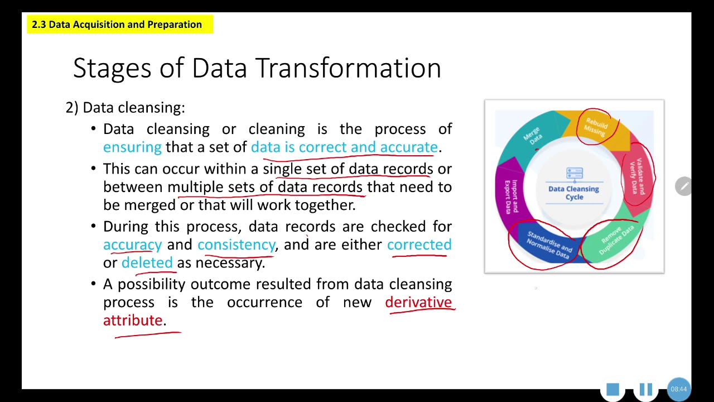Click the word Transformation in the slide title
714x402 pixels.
click(x=349, y=68)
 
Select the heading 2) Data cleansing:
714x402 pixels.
click(x=125, y=107)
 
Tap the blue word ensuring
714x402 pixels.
click(x=132, y=147)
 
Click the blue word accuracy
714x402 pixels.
click(x=132, y=245)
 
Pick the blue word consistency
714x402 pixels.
click(x=236, y=245)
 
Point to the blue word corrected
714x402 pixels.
click(x=419, y=245)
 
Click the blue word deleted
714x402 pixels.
click(x=147, y=263)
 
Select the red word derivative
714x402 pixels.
click(x=418, y=303)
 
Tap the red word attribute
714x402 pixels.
click(x=133, y=320)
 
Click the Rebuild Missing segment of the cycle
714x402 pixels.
click(x=595, y=127)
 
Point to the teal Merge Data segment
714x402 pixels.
click(x=532, y=136)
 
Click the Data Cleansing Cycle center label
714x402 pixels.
click(x=573, y=193)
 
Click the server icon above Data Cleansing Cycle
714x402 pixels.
click(x=574, y=174)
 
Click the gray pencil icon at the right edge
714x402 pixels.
click(x=683, y=186)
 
